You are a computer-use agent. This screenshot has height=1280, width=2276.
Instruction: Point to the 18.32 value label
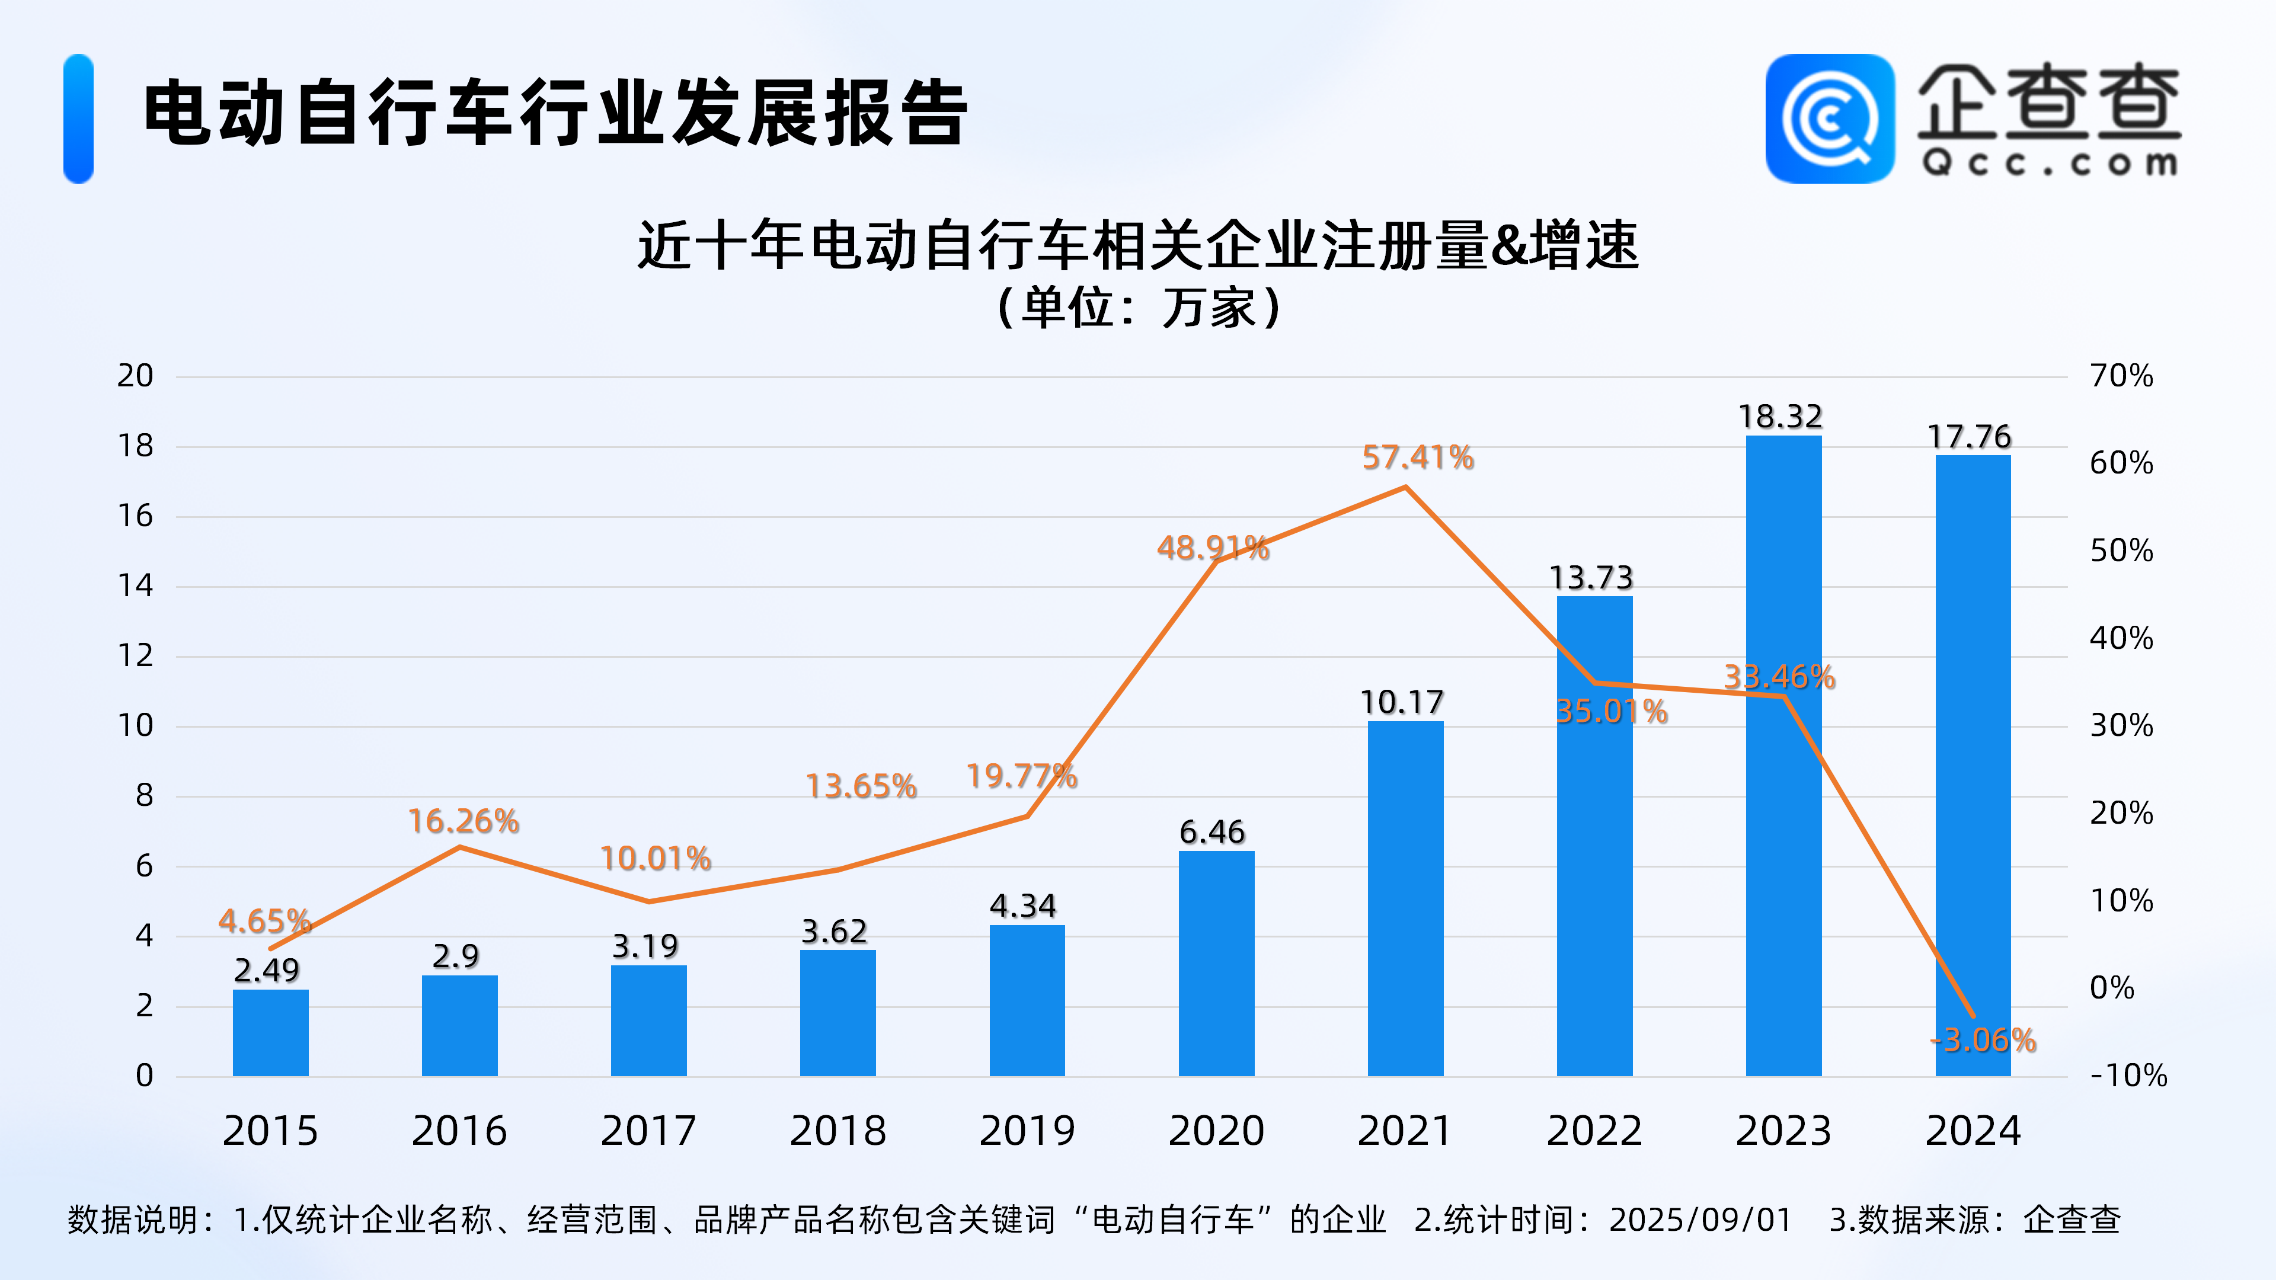coord(1780,416)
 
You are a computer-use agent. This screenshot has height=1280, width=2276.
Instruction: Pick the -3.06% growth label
coord(1984,1040)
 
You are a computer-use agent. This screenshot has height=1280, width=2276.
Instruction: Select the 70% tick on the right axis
coord(2121,376)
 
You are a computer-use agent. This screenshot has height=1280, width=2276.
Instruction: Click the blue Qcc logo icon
coord(1830,119)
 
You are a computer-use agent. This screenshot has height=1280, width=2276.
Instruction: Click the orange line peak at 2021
coord(1405,487)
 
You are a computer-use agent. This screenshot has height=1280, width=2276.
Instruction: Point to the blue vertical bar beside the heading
coord(79,119)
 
